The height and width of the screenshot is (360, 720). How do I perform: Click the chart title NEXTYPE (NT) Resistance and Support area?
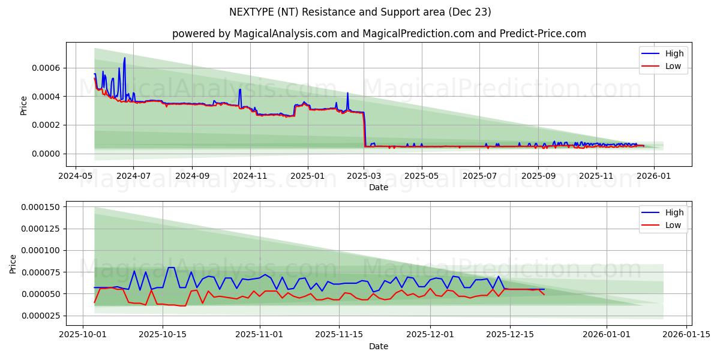point(360,12)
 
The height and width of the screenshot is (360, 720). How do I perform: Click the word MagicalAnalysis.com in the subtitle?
point(283,34)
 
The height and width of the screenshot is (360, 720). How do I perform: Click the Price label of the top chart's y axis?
point(24,106)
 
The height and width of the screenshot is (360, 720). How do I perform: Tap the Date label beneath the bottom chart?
point(378,346)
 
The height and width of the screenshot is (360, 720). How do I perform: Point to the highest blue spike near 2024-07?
point(125,59)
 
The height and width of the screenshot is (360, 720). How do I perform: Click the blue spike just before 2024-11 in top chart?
point(240,90)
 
